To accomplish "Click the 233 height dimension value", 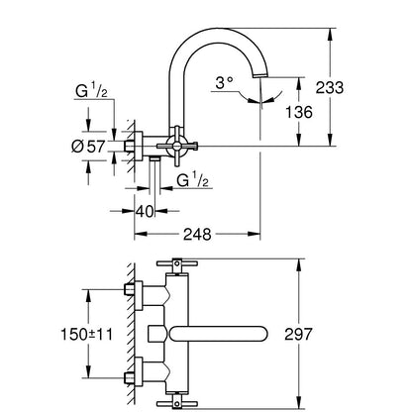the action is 330,88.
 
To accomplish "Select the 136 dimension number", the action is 299,112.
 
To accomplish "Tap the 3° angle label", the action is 224,83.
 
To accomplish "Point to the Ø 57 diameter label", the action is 88,147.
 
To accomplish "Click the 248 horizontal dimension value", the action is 197,235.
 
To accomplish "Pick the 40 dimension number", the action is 145,211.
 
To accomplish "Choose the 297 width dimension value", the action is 298,335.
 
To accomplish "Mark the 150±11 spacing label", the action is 86,335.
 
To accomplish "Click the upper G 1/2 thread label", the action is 91,90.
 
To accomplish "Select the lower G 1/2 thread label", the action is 193,180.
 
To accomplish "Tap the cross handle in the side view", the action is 177,145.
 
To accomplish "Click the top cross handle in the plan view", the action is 177,264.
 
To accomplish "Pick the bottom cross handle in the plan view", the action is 177,402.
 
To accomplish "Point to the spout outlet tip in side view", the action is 260,75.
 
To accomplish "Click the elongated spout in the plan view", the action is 218,334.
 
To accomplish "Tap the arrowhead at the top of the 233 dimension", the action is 330,36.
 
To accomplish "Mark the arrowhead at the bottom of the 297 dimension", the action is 298,402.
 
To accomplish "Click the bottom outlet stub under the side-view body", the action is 154,159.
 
